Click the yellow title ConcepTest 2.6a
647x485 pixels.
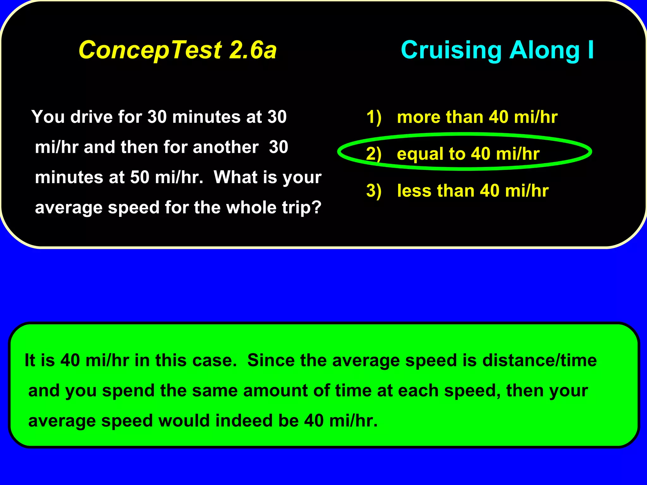(178, 50)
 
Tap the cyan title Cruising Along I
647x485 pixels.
(497, 50)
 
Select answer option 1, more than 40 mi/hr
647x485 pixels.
(477, 117)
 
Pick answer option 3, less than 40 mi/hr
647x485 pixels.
(473, 191)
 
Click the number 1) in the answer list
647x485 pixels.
(374, 117)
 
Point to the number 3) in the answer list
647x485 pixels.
(374, 191)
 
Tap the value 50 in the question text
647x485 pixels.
(140, 177)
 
